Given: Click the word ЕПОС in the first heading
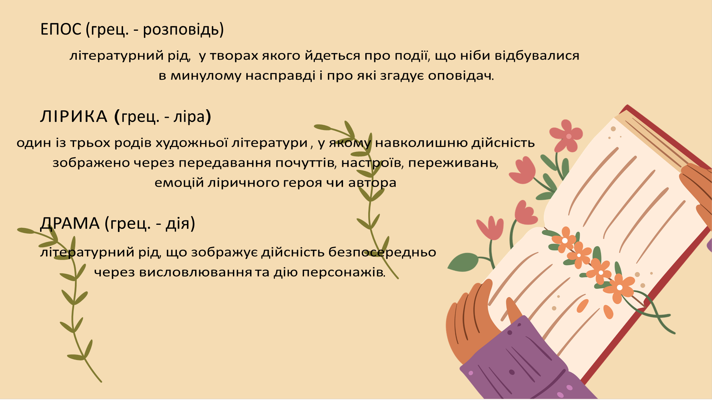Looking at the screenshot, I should click(x=60, y=29).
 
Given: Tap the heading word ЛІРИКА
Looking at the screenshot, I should click(x=73, y=117).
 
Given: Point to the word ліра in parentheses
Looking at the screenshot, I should click(x=189, y=117).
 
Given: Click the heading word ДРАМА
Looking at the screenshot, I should click(x=70, y=223).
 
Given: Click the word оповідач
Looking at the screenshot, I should click(x=460, y=76).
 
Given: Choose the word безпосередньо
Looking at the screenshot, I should click(x=382, y=252).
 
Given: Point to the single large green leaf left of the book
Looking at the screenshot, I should click(x=464, y=262).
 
